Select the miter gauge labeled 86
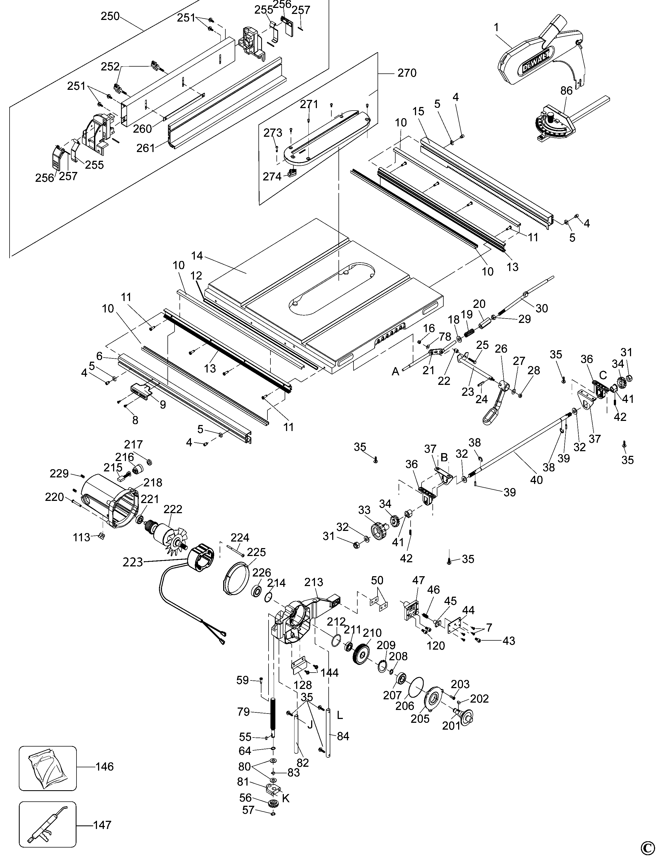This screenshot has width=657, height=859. coord(555,122)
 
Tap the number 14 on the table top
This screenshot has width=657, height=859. coord(197,256)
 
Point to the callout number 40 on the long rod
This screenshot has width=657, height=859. coord(536,480)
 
